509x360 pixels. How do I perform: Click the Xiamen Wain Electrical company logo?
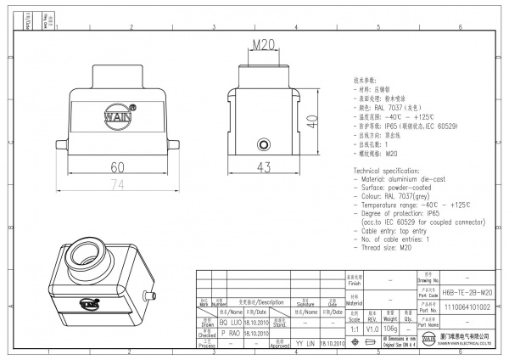[428, 341]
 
